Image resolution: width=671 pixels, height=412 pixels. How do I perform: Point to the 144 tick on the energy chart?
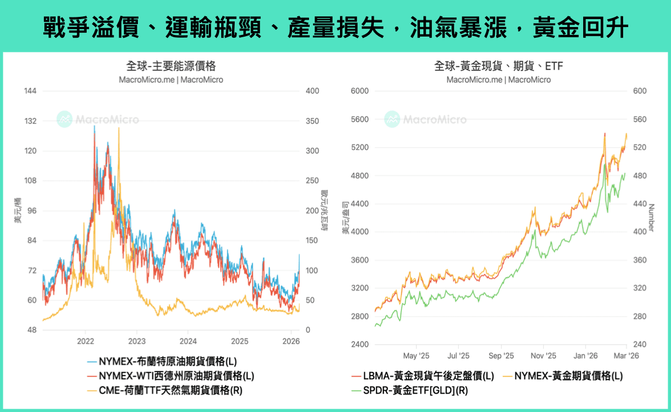[x=30, y=91]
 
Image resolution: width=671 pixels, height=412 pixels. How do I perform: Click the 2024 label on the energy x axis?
[x=188, y=341]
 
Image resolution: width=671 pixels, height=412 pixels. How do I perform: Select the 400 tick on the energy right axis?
[x=312, y=91]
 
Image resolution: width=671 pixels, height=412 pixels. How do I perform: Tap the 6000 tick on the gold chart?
[x=359, y=91]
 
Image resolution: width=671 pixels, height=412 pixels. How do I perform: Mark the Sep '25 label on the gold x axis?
[x=501, y=356]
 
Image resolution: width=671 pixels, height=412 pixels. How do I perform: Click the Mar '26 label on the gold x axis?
[x=626, y=356]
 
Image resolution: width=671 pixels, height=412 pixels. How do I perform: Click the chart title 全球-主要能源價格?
[x=171, y=66]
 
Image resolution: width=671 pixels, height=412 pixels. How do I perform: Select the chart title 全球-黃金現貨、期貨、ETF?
[x=499, y=66]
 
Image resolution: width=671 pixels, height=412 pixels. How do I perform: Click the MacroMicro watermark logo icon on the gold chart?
[x=392, y=119]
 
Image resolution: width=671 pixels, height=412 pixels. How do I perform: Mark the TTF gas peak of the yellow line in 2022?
[x=118, y=128]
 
